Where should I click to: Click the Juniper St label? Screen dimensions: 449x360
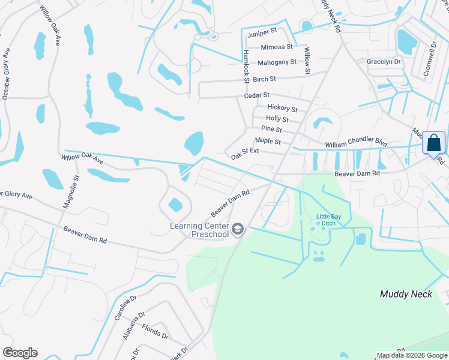[x=263, y=30]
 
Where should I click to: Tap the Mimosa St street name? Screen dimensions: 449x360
[x=277, y=47]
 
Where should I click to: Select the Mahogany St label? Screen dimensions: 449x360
[x=277, y=62]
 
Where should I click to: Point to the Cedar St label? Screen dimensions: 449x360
[x=257, y=95]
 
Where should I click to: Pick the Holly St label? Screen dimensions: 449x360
[x=277, y=119]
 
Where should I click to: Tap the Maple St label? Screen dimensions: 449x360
[x=268, y=141]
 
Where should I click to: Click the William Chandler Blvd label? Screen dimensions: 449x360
[x=356, y=144]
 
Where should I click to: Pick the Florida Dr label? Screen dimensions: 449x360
[x=155, y=332]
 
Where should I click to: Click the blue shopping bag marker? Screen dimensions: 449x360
[x=433, y=144]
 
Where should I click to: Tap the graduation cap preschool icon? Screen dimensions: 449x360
[x=238, y=229]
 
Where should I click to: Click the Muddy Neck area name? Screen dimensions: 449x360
[x=406, y=294]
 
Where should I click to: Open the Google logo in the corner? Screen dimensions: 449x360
[x=20, y=353]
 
